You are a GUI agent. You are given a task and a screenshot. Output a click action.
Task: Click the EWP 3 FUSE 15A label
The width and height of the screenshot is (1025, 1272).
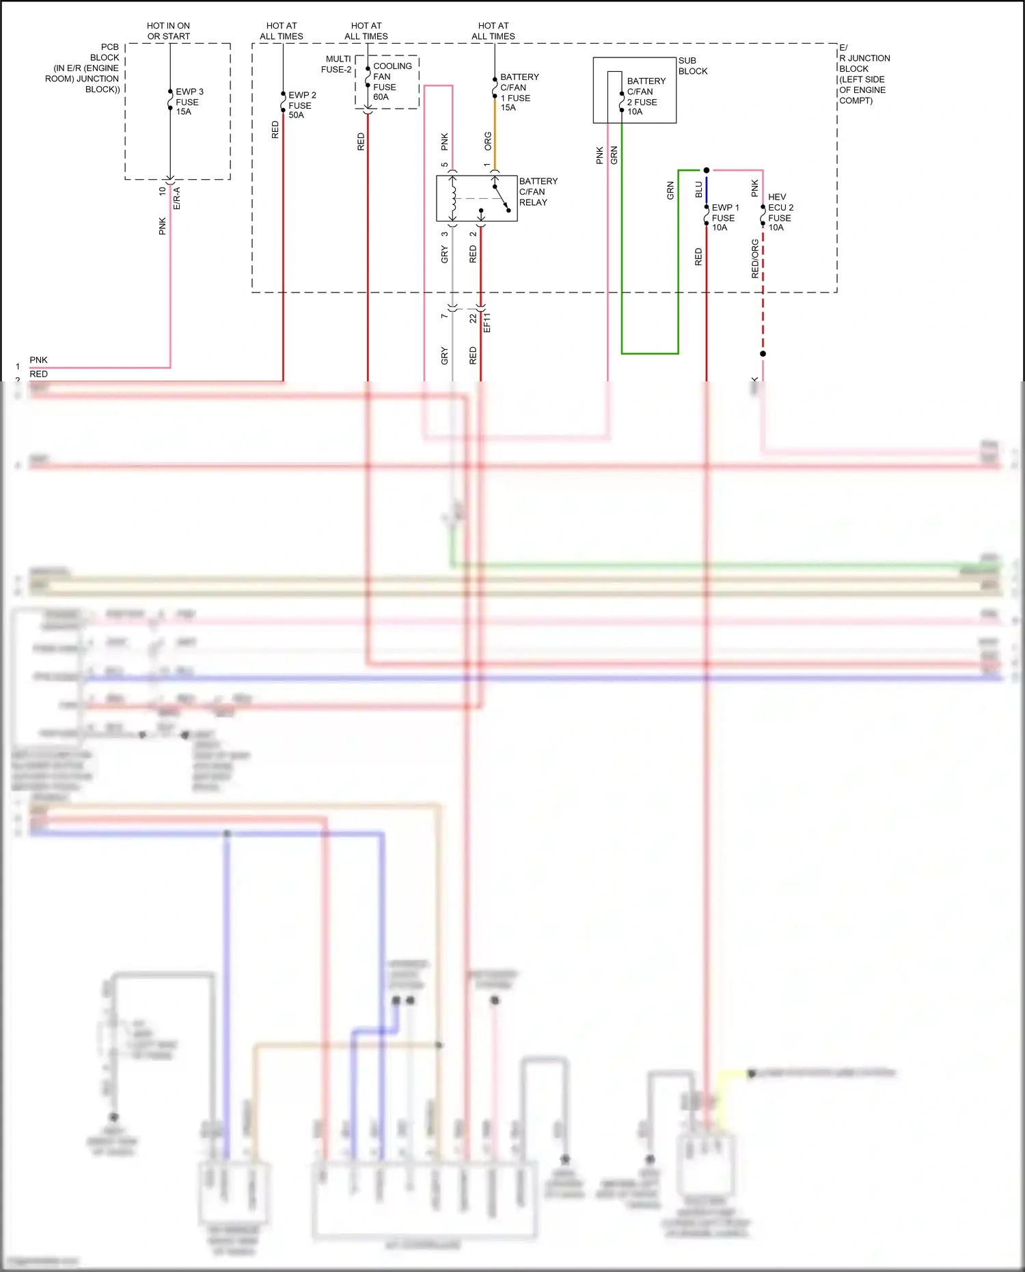[189, 101]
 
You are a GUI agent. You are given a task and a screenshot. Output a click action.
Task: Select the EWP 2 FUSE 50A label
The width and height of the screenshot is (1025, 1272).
[301, 105]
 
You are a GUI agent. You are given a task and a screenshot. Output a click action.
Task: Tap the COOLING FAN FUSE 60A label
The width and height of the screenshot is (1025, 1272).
[392, 81]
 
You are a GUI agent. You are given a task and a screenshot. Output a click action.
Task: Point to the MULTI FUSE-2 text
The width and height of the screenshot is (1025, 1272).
[337, 64]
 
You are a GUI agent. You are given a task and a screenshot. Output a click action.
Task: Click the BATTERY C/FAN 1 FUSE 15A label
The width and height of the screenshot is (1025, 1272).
[519, 92]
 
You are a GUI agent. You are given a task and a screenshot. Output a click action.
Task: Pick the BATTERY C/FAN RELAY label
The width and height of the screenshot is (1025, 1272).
[538, 191]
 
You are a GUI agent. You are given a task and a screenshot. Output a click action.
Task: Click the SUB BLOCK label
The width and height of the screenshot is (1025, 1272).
[692, 66]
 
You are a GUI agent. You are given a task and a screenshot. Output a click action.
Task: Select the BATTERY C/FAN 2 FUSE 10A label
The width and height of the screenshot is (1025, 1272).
[645, 96]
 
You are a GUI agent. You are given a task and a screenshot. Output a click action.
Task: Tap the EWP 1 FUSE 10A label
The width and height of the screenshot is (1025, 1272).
[724, 217]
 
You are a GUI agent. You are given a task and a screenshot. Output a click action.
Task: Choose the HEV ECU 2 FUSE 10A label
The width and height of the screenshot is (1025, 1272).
[780, 212]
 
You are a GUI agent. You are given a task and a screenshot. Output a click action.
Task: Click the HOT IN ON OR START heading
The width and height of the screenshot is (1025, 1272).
[168, 31]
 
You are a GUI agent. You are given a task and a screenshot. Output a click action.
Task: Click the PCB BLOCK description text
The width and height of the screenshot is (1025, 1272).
[85, 68]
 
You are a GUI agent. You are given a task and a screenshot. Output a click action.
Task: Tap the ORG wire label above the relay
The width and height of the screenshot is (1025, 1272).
[488, 141]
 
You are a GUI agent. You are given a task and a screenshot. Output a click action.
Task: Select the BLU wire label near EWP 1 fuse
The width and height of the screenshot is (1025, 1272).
[698, 189]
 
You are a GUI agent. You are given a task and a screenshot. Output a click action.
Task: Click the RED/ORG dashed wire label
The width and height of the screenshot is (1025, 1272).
[754, 258]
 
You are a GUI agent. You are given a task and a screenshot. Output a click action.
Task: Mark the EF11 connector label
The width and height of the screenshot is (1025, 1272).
[487, 323]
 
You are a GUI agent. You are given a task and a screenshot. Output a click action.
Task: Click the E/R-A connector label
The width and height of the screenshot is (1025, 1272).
[176, 198]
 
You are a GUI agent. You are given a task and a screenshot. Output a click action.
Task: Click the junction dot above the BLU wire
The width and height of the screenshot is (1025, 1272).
[706, 170]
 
